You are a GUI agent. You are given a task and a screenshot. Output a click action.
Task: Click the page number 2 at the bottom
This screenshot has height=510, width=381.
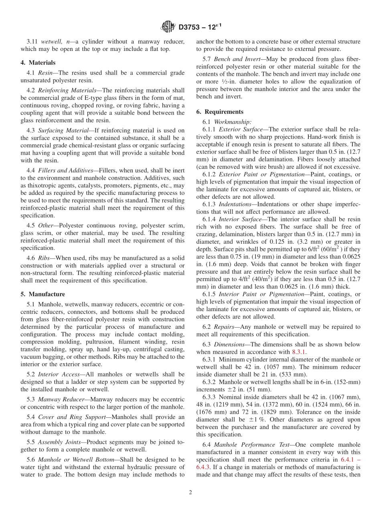tap(190, 493)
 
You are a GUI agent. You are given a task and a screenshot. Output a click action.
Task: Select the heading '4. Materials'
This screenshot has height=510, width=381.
tap(38, 63)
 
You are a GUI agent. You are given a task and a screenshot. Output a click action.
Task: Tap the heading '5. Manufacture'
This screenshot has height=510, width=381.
tap(43, 294)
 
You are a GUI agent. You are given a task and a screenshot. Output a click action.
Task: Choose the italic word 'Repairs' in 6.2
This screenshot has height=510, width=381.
tap(224, 327)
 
